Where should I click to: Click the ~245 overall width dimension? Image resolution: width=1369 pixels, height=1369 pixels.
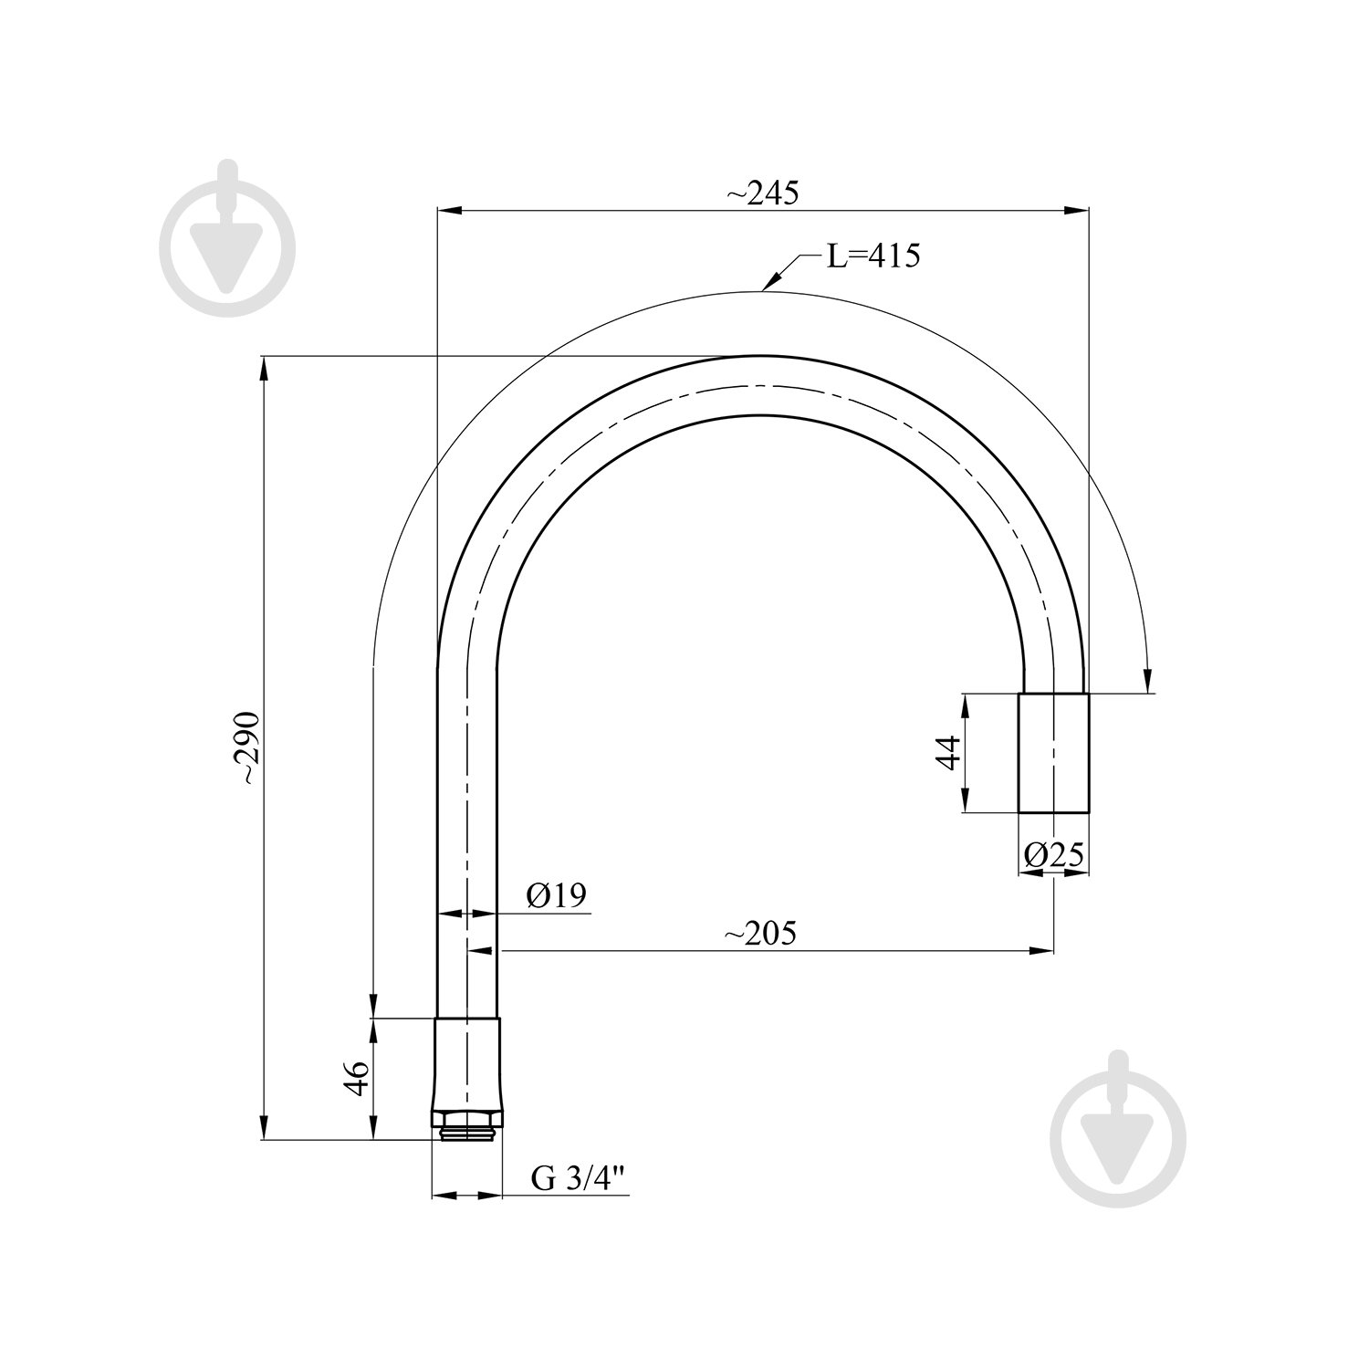point(762,193)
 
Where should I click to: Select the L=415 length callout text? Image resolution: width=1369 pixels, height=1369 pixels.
point(873,256)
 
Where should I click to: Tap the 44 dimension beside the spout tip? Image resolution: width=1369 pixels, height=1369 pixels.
point(950,752)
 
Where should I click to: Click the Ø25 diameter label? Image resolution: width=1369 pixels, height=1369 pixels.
point(1053,854)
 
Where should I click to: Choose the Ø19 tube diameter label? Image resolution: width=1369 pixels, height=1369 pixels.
point(555,895)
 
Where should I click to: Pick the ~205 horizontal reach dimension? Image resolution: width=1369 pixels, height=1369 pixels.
point(760,934)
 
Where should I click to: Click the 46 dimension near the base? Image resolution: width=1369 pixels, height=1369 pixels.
point(356,1078)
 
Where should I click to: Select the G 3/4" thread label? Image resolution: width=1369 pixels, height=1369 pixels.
point(578,1179)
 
